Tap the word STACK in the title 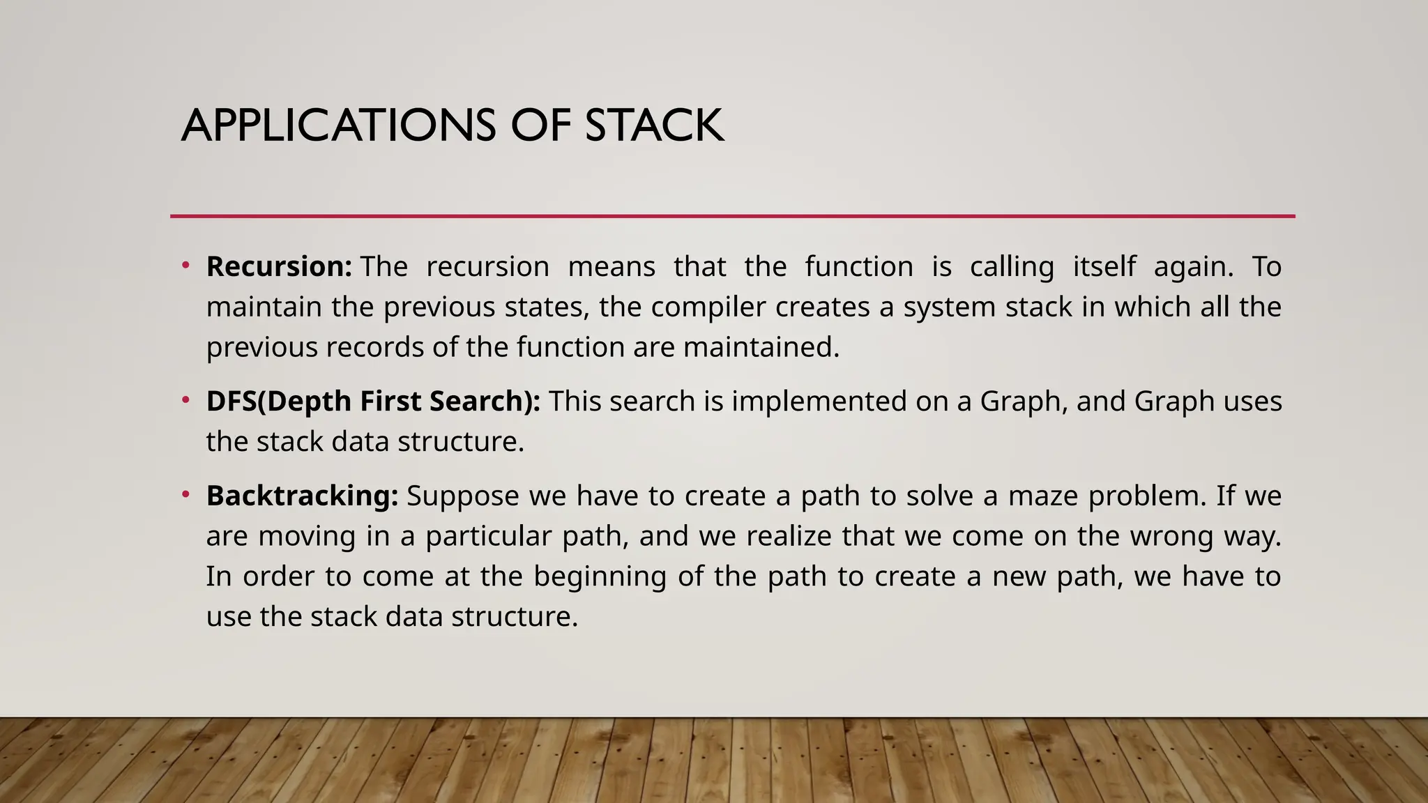[654, 126]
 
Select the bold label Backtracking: [302, 496]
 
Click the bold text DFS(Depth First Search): [373, 401]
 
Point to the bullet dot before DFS [185, 400]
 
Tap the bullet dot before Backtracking [185, 495]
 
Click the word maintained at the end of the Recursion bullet [761, 347]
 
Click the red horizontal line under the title [732, 217]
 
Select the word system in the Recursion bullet [950, 307]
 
